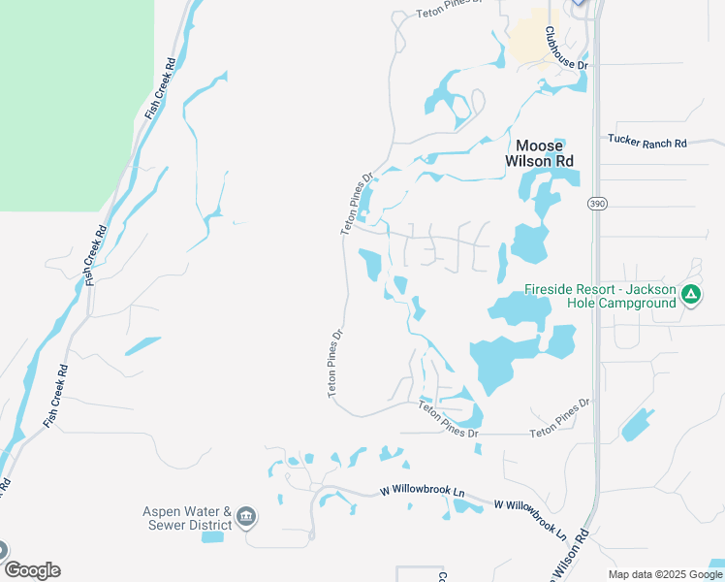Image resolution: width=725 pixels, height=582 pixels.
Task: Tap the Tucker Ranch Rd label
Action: pyautogui.click(x=646, y=142)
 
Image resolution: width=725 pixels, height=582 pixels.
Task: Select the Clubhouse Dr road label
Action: pyautogui.click(x=565, y=48)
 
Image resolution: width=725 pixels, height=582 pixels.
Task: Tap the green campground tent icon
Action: pyautogui.click(x=690, y=295)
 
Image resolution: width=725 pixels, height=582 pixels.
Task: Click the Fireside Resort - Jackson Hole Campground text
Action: pyautogui.click(x=600, y=296)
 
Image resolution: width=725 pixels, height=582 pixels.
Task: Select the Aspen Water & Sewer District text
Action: pyautogui.click(x=188, y=519)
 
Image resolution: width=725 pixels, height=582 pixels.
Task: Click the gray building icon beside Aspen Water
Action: pyautogui.click(x=246, y=516)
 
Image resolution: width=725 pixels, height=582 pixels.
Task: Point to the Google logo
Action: pyautogui.click(x=32, y=570)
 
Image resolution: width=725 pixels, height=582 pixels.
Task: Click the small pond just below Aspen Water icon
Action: pyautogui.click(x=211, y=536)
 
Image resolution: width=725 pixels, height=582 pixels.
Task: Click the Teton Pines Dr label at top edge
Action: pyautogui.click(x=448, y=9)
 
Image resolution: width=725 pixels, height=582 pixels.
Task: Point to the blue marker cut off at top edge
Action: pyautogui.click(x=579, y=3)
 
